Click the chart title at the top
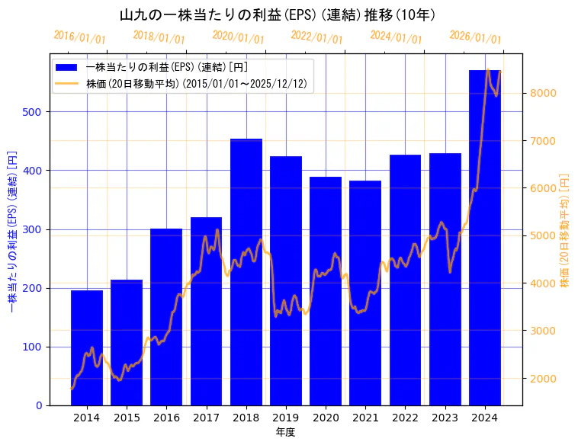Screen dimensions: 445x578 [x=278, y=14]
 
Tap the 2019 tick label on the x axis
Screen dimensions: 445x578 [x=286, y=418]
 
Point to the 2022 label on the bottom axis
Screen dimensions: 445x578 [x=405, y=418]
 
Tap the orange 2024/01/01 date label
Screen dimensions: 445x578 [x=396, y=37]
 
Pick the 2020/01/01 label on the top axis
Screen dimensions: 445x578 [x=238, y=37]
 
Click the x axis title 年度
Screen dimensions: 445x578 [x=285, y=432]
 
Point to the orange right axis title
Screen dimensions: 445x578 [x=565, y=229]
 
